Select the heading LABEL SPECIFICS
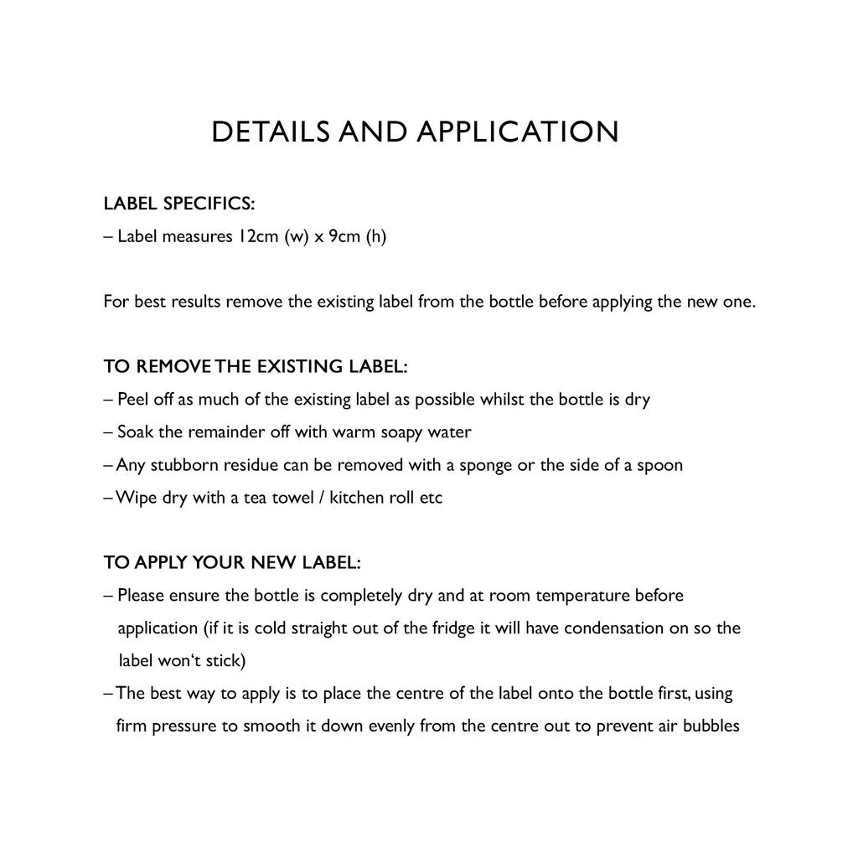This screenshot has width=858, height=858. tap(178, 204)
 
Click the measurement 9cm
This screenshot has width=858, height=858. tap(343, 236)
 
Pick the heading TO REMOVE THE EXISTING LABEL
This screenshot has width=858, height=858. tap(256, 367)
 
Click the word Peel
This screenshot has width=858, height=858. tap(132, 400)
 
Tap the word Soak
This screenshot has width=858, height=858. tap(134, 432)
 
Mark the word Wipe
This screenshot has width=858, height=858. tap(134, 498)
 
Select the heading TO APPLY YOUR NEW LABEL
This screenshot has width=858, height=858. tap(232, 562)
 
